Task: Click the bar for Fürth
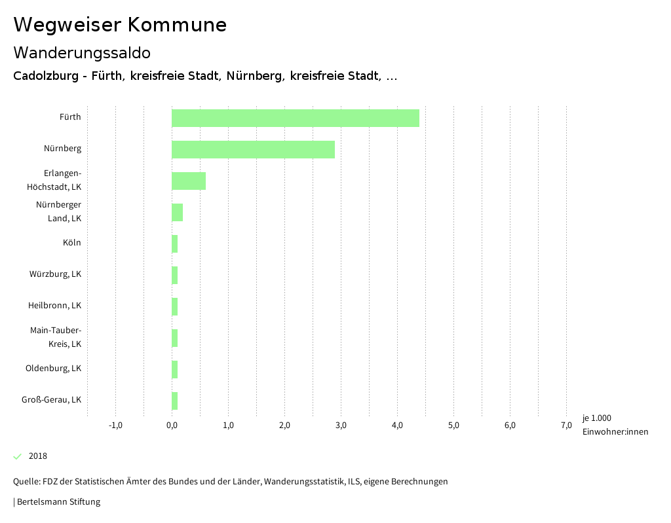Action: click(295, 118)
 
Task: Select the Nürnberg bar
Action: click(253, 149)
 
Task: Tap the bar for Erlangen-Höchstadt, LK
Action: click(189, 181)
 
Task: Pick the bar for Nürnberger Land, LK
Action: click(177, 212)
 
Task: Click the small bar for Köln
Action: click(174, 243)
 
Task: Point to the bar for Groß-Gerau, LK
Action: click(174, 401)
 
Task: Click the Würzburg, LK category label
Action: click(55, 274)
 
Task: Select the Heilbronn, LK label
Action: click(54, 306)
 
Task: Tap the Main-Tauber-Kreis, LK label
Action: click(56, 337)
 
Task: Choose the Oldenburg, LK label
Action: click(53, 369)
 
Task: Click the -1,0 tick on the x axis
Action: click(115, 425)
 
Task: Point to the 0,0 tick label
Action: click(172, 425)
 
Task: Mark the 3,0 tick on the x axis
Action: click(341, 425)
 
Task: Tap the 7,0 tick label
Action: click(566, 425)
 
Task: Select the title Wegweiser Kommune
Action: click(120, 25)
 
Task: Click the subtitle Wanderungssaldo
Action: click(82, 52)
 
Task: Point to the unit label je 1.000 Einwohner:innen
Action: click(615, 425)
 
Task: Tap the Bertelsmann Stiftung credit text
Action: click(58, 502)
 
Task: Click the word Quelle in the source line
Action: click(26, 482)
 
